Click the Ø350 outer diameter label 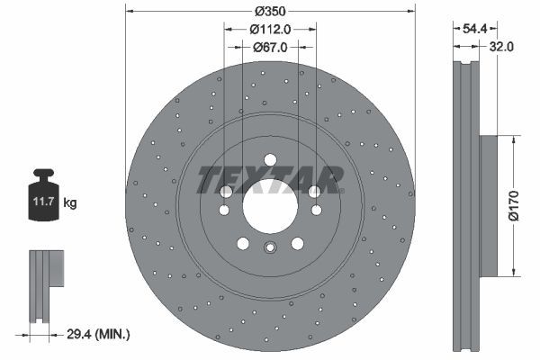pyautogui.click(x=270, y=12)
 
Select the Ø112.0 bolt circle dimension pyautogui.click(x=270, y=29)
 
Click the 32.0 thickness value pyautogui.click(x=502, y=47)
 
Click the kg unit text pyautogui.click(x=70, y=204)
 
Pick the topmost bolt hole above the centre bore pyautogui.click(x=270, y=160)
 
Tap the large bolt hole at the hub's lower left pyautogui.click(x=243, y=243)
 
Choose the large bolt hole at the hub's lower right pyautogui.click(x=297, y=243)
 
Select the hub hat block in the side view pyautogui.click(x=489, y=206)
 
